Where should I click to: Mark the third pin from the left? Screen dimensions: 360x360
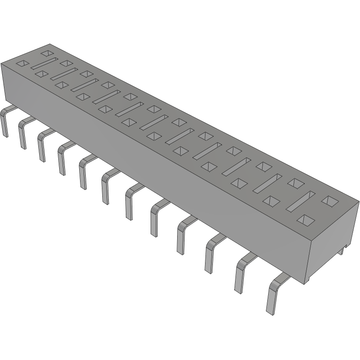click(x=41, y=145)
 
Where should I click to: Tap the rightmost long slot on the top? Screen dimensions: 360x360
click(x=300, y=202)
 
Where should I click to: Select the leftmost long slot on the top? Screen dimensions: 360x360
click(x=45, y=63)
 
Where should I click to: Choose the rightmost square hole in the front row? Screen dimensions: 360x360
click(x=306, y=220)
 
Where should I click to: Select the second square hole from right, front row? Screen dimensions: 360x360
click(x=272, y=201)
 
